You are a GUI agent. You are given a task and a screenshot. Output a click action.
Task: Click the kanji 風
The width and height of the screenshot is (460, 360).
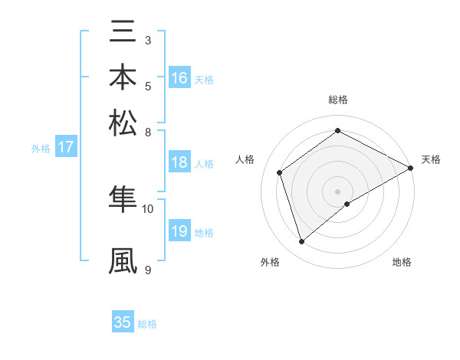[123, 260]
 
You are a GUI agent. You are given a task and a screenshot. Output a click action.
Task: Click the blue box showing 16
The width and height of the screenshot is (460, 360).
[179, 78]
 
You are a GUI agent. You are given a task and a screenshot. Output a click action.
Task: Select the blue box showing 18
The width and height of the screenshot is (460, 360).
[179, 162]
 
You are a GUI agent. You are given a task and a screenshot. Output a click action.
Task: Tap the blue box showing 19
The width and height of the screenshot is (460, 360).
[179, 231]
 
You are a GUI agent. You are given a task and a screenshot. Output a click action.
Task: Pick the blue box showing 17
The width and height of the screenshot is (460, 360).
[66, 147]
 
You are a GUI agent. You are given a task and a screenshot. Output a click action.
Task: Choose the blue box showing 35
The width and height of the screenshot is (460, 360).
[123, 322]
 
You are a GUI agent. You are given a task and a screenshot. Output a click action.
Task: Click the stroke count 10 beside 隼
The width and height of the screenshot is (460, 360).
[148, 208]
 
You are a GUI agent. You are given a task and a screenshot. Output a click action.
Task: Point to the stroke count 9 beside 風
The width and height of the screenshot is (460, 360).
[146, 269]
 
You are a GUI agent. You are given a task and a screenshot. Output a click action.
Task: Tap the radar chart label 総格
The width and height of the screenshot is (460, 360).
[338, 100]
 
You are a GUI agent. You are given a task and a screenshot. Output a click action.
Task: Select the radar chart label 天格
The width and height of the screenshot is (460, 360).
[431, 159]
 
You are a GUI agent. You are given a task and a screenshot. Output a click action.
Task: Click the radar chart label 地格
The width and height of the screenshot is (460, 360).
[402, 262]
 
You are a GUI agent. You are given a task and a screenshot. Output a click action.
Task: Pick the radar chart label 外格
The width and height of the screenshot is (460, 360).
[270, 262]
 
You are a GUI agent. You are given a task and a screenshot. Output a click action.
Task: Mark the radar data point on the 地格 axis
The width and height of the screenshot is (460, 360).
[347, 204]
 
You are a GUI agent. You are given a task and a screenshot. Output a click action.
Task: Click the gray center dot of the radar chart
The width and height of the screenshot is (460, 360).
[338, 190]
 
